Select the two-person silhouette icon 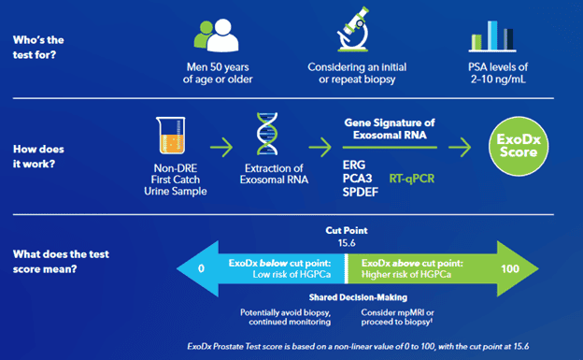215,34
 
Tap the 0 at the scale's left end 202,268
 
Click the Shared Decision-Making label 348,299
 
